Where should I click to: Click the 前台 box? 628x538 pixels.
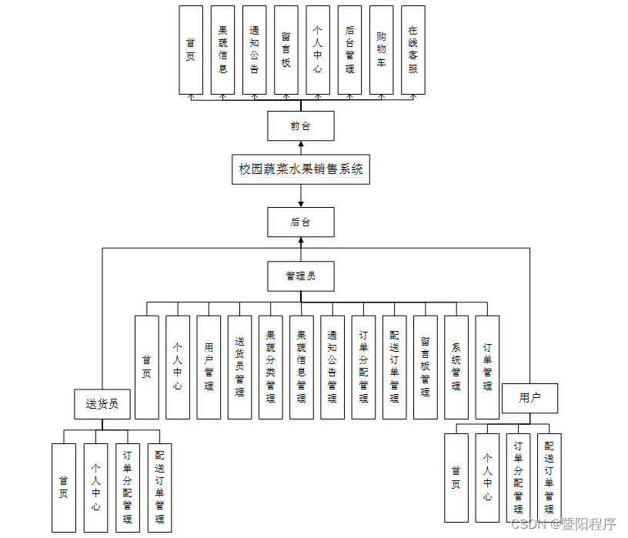click(x=301, y=126)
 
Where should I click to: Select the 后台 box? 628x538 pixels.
click(x=301, y=222)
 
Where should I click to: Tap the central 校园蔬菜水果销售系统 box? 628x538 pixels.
click(x=301, y=169)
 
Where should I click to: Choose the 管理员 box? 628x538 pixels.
click(x=301, y=276)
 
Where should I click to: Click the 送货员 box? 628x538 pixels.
click(x=102, y=403)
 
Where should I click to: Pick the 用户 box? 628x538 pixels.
click(x=529, y=398)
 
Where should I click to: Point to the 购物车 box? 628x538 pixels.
click(x=382, y=50)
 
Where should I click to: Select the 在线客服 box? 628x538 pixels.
click(x=413, y=50)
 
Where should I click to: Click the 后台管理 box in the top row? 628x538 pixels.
click(x=349, y=50)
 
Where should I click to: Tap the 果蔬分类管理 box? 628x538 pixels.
click(x=270, y=367)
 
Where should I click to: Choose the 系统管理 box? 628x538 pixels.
click(x=456, y=367)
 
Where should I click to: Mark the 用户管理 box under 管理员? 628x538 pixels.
click(x=209, y=367)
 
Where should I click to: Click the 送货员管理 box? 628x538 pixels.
click(x=239, y=367)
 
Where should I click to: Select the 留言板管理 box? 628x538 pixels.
click(x=425, y=367)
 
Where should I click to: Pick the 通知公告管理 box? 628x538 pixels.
click(x=332, y=367)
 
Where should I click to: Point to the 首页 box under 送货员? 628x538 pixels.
click(x=64, y=487)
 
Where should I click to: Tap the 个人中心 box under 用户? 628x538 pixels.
click(x=487, y=478)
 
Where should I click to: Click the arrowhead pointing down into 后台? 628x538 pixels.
click(x=301, y=203)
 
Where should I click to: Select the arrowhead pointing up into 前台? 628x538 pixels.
click(x=301, y=145)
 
